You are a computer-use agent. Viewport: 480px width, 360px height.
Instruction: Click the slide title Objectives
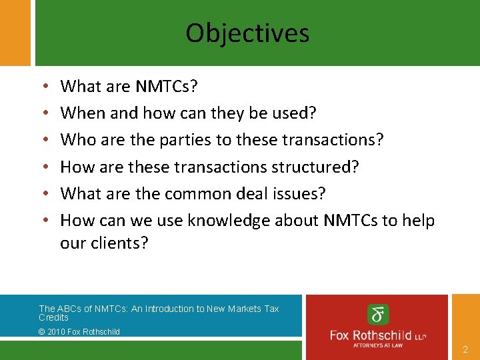pyautogui.click(x=247, y=33)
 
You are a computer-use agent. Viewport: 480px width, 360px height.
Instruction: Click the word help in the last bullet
pyautogui.click(x=419, y=220)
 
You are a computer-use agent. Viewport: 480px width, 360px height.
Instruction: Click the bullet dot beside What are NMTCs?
pyautogui.click(x=43, y=87)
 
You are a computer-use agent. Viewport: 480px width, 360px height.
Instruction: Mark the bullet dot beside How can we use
pyautogui.click(x=43, y=221)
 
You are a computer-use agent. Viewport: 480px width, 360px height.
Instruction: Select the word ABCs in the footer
pyautogui.click(x=69, y=309)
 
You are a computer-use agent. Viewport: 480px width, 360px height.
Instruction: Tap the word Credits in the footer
pyautogui.click(x=53, y=317)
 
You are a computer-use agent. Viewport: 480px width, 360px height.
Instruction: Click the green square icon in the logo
pyautogui.click(x=378, y=314)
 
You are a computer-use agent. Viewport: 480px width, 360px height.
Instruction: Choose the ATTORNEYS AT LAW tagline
pyautogui.click(x=377, y=345)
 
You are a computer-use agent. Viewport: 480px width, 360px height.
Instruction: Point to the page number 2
pyautogui.click(x=465, y=349)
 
